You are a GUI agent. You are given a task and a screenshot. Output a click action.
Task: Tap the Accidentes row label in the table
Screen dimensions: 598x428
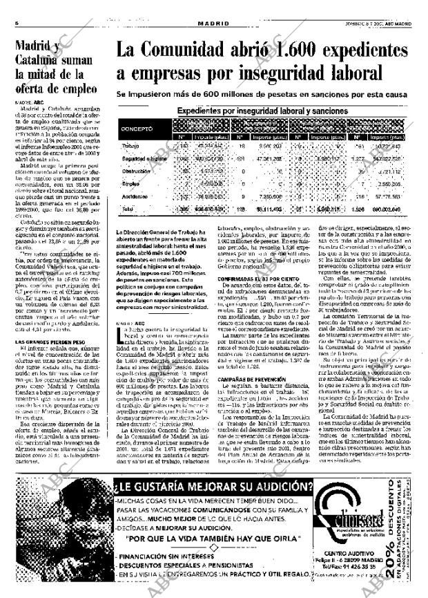135,196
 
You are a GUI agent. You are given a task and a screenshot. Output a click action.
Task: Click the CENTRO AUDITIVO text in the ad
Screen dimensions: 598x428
353,554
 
